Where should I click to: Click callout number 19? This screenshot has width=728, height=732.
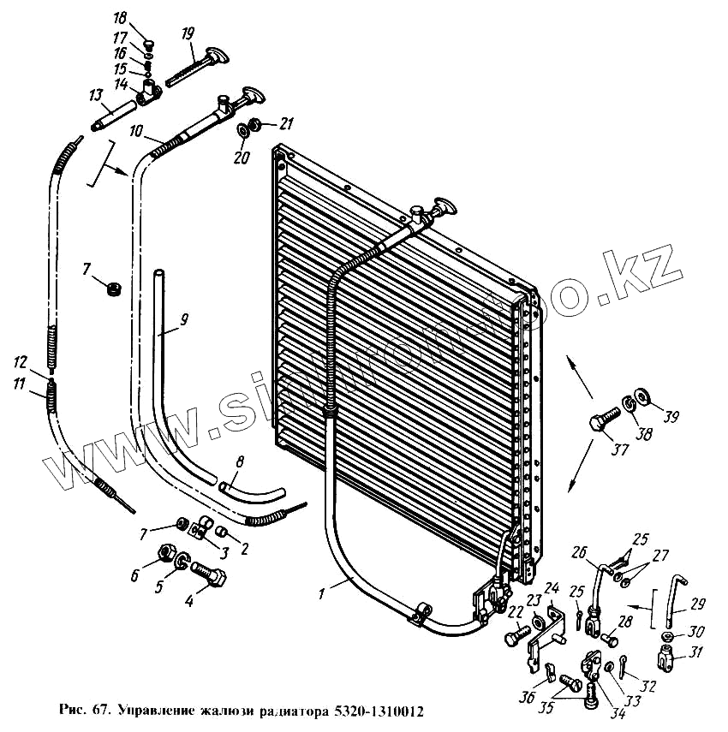pos(188,34)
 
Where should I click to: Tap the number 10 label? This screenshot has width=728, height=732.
pos(137,133)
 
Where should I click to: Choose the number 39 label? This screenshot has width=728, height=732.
pos(671,417)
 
